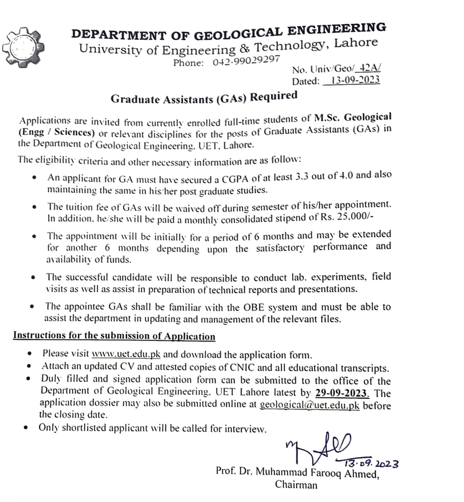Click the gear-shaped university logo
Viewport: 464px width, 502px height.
click(23, 47)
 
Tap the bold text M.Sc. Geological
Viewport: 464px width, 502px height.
click(353, 117)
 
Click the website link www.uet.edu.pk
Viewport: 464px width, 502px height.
click(126, 354)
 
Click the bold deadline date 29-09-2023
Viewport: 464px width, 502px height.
click(341, 393)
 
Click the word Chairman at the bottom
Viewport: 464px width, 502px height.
click(296, 485)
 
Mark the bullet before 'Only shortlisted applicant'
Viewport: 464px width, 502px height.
click(25, 428)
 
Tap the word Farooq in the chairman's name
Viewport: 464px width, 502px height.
click(326, 473)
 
